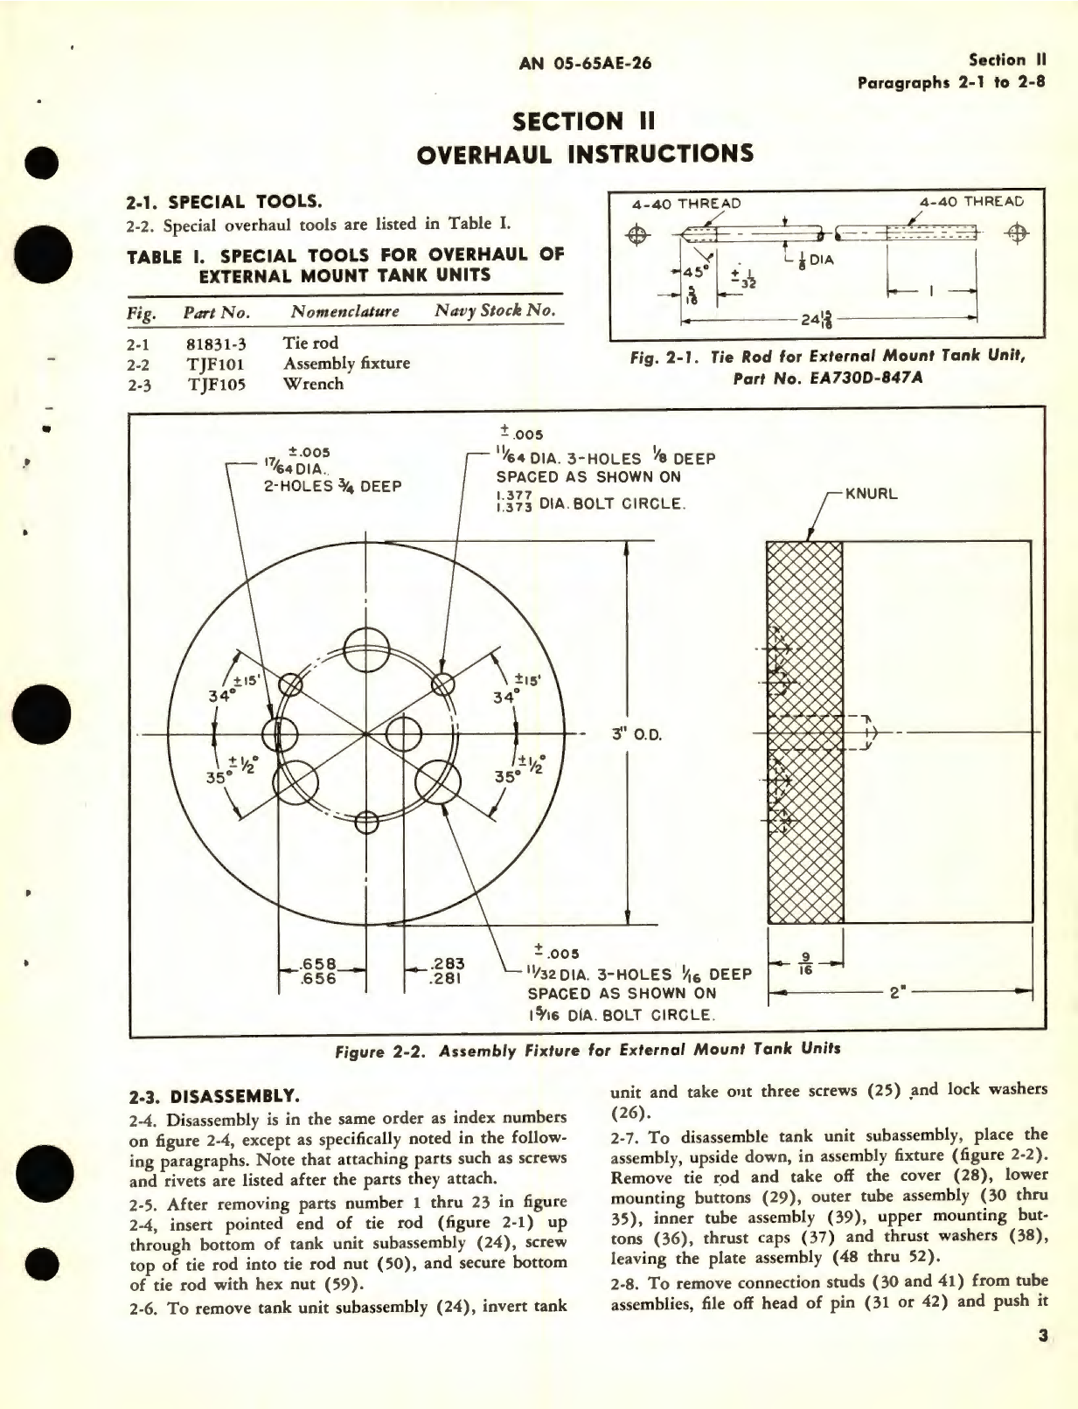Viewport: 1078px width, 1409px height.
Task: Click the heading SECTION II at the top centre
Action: (x=583, y=121)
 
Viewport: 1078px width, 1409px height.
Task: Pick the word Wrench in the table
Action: (x=313, y=384)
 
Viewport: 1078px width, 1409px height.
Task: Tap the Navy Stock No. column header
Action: (x=494, y=311)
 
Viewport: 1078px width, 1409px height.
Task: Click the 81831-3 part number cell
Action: (x=216, y=344)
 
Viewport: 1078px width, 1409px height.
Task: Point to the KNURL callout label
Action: (x=872, y=494)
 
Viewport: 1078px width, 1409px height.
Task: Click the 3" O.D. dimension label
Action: (x=636, y=734)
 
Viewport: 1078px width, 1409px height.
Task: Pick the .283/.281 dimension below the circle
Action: (x=448, y=971)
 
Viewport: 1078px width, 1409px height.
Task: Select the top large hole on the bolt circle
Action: (x=366, y=649)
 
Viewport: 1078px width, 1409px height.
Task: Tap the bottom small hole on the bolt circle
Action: (x=366, y=822)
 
